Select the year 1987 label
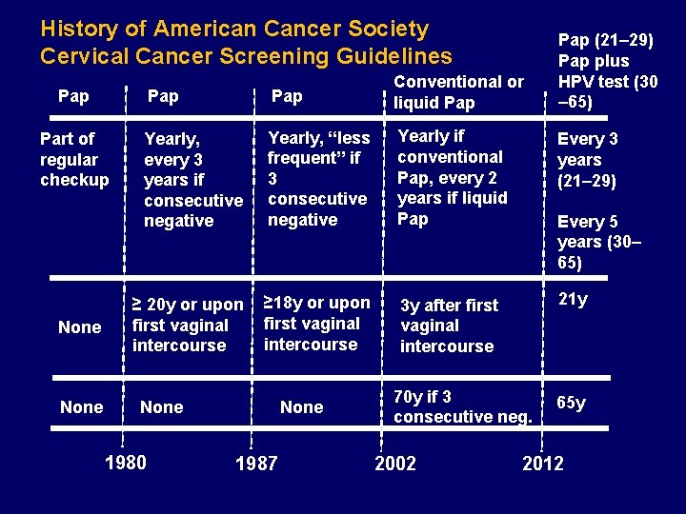pyautogui.click(x=256, y=464)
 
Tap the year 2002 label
pyautogui.click(x=395, y=464)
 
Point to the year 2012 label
pyautogui.click(x=543, y=464)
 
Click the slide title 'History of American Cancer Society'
pyautogui.click(x=234, y=30)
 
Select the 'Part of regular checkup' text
pyautogui.click(x=74, y=159)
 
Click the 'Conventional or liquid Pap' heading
pyautogui.click(x=458, y=92)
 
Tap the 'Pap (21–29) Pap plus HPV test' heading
pyautogui.click(x=607, y=71)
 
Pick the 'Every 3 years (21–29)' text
pyautogui.click(x=588, y=159)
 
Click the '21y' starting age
pyautogui.click(x=573, y=300)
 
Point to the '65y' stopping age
pyautogui.click(x=571, y=403)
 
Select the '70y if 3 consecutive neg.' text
pyautogui.click(x=462, y=406)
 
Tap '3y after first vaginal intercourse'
pyautogui.click(x=449, y=326)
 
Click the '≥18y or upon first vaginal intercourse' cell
pyautogui.click(x=316, y=323)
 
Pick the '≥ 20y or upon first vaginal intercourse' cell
pyautogui.click(x=188, y=325)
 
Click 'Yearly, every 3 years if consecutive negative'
pyautogui.click(x=192, y=179)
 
